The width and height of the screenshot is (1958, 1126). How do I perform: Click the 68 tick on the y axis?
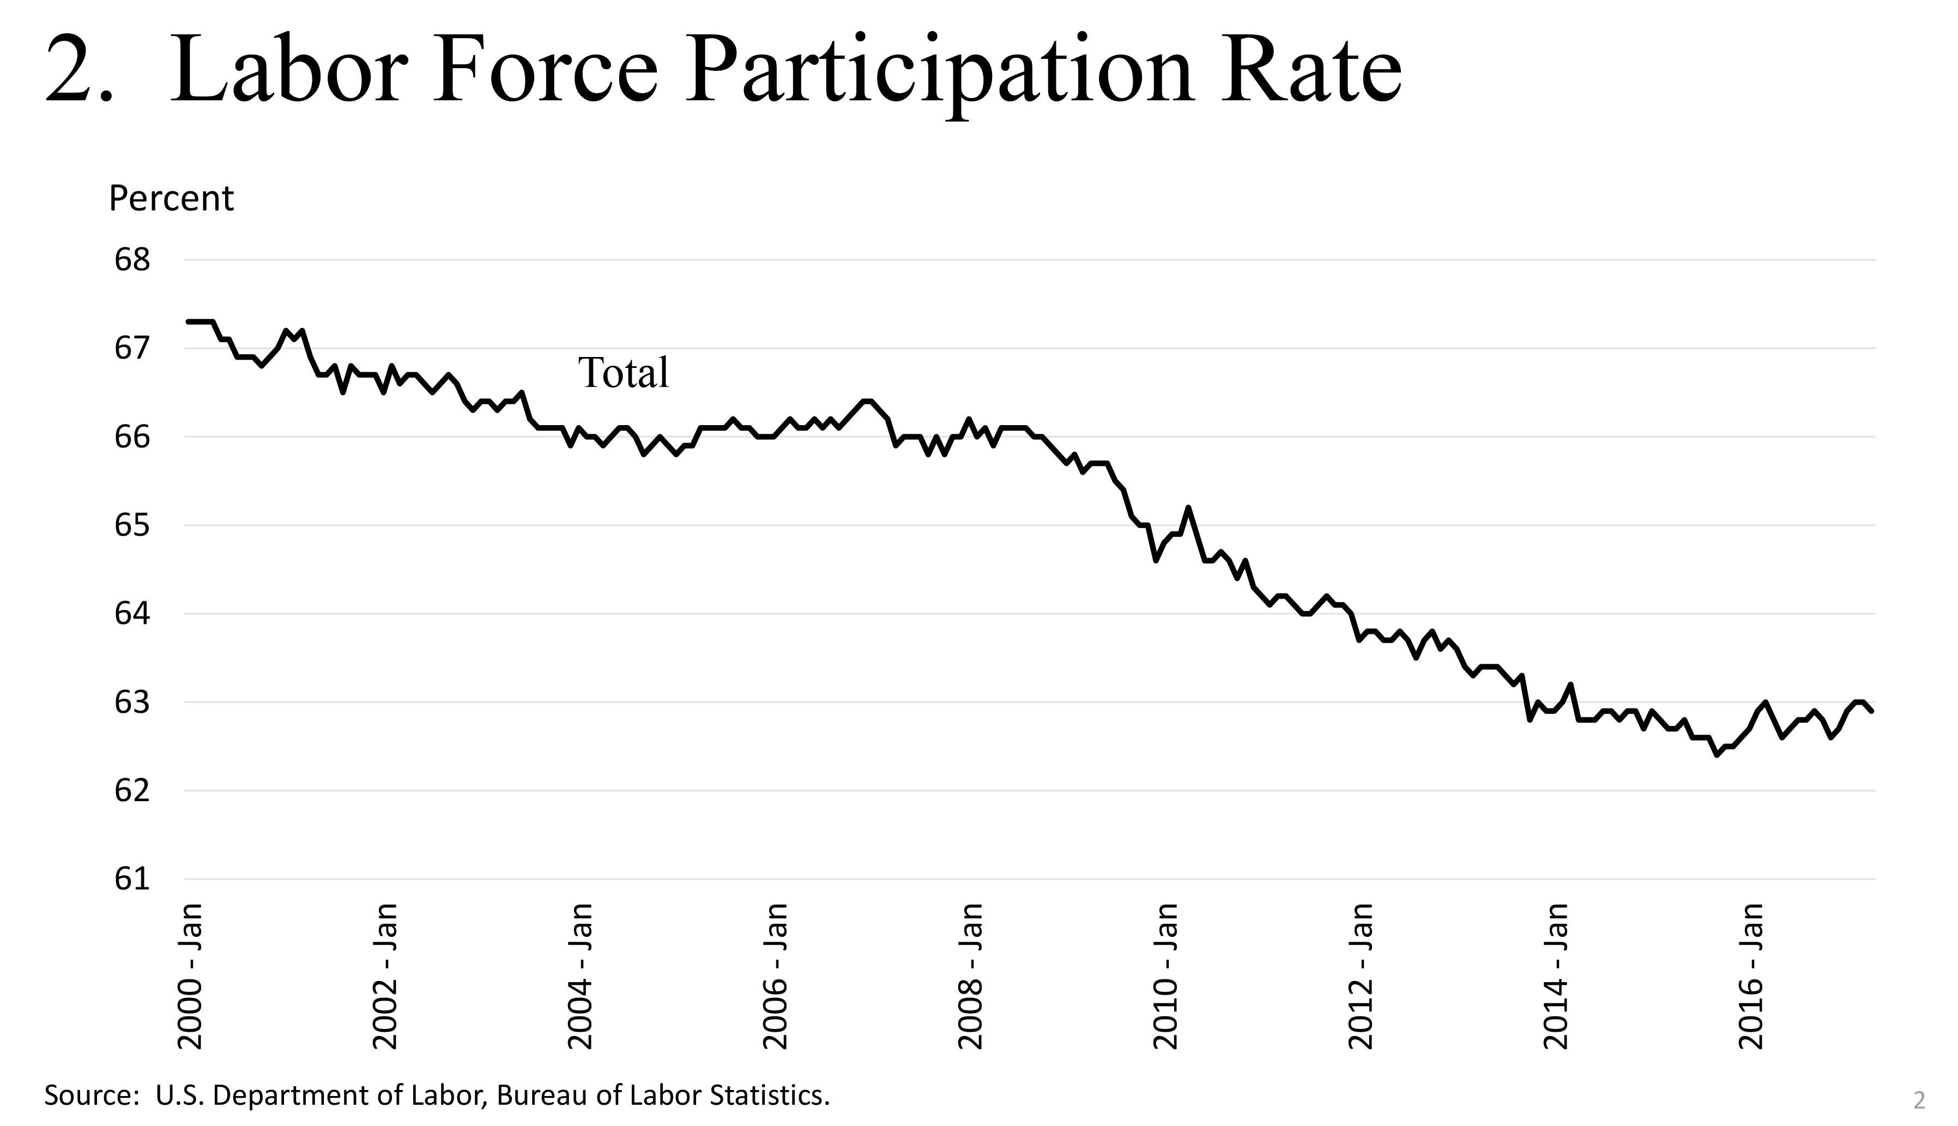tap(131, 261)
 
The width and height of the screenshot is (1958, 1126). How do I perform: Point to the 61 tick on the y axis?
tap(131, 879)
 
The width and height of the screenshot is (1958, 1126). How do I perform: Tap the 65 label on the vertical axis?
tap(131, 526)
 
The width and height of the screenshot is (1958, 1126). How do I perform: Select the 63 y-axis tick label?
tap(131, 703)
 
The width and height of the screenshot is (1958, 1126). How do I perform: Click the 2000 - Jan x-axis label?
tap(190, 976)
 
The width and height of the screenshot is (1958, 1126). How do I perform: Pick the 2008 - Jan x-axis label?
tap(970, 976)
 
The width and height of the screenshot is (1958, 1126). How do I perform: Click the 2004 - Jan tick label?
tap(581, 976)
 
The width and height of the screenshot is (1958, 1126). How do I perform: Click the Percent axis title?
tap(171, 199)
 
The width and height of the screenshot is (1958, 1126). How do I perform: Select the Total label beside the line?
tap(623, 373)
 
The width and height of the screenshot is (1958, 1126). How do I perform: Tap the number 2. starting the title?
tap(79, 72)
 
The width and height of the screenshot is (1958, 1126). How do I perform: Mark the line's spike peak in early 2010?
tap(1188, 507)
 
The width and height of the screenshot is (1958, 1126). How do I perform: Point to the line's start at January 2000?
tap(188, 322)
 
